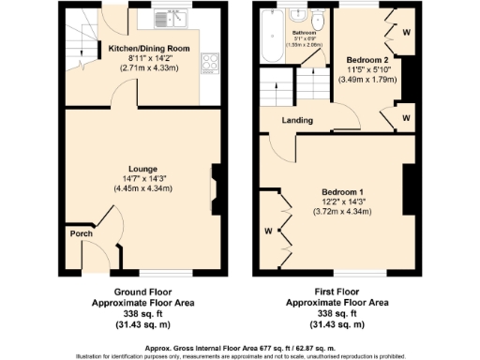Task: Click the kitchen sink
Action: tap(172, 17)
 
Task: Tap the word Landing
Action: tap(297, 119)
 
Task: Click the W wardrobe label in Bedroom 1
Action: tap(268, 230)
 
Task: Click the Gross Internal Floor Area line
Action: tap(240, 347)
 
